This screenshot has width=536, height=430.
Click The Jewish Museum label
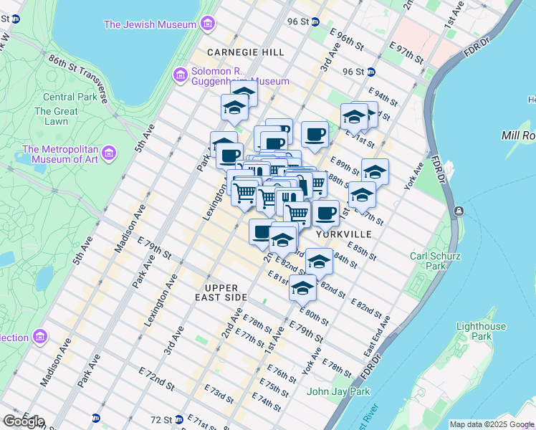[150, 24]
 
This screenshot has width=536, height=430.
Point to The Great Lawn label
[56, 116]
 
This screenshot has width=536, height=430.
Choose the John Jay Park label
[338, 391]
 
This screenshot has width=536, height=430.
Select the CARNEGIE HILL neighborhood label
[245, 52]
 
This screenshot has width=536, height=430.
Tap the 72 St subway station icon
[190, 419]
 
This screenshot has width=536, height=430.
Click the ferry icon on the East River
[459, 212]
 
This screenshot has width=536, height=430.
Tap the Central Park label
[69, 97]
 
